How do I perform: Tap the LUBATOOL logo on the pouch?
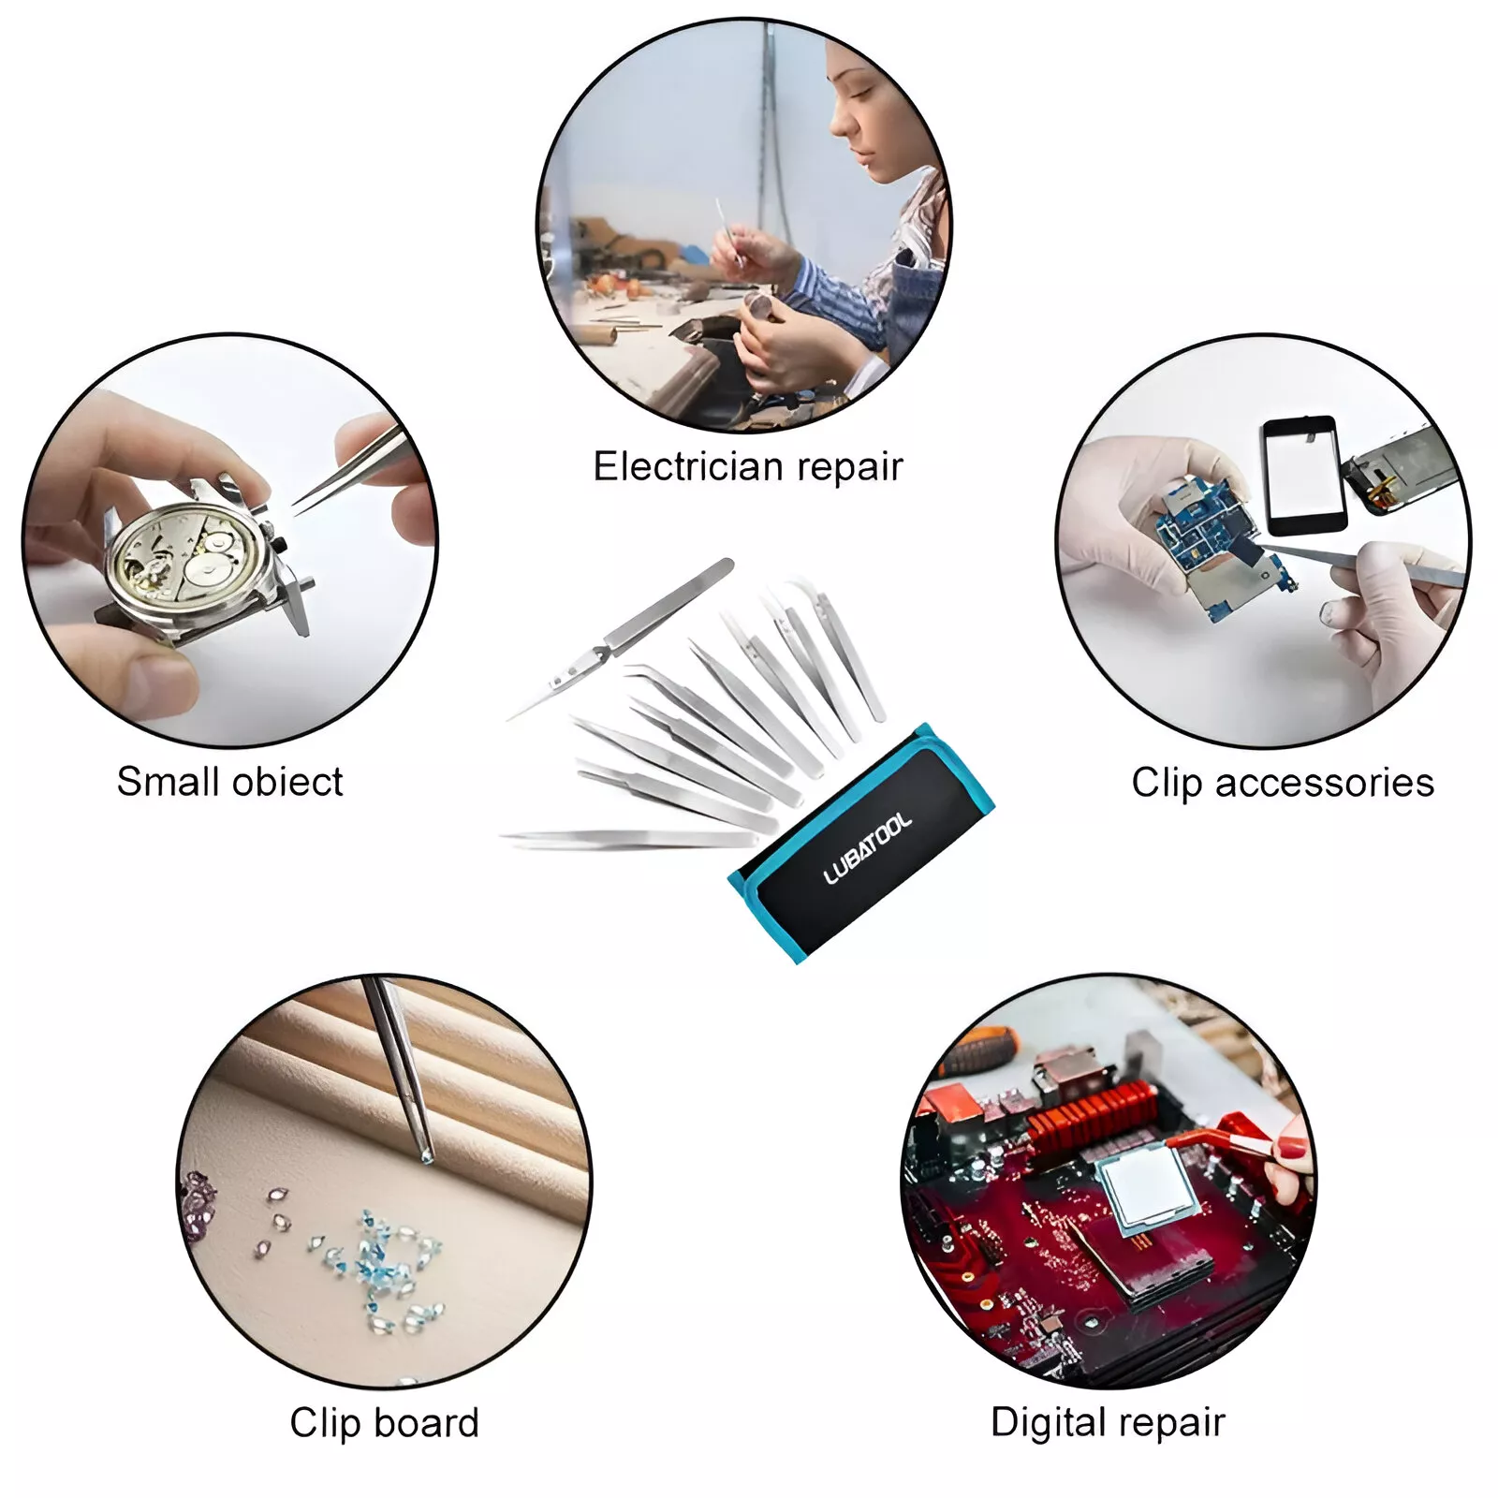[867, 848]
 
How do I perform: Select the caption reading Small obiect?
[229, 782]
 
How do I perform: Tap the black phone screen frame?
[1304, 475]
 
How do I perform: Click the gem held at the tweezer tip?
[428, 1159]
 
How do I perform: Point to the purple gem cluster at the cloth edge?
[198, 1208]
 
